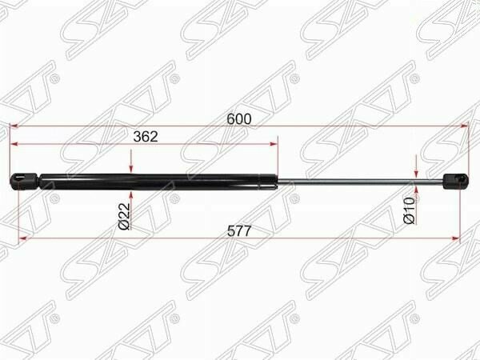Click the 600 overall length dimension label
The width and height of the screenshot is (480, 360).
pyautogui.click(x=239, y=119)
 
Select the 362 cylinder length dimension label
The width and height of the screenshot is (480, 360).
pyautogui.click(x=146, y=137)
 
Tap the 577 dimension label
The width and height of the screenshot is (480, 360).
pyautogui.click(x=239, y=231)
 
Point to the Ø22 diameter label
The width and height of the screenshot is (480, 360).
pyautogui.click(x=124, y=216)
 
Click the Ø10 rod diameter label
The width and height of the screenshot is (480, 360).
pyautogui.click(x=409, y=210)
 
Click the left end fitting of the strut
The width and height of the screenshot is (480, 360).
pyautogui.click(x=25, y=182)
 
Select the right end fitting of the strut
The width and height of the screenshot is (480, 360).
pyautogui.click(x=456, y=181)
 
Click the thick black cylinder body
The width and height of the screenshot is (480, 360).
pyautogui.click(x=150, y=182)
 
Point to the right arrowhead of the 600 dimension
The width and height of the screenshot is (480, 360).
pyautogui.click(x=464, y=126)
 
